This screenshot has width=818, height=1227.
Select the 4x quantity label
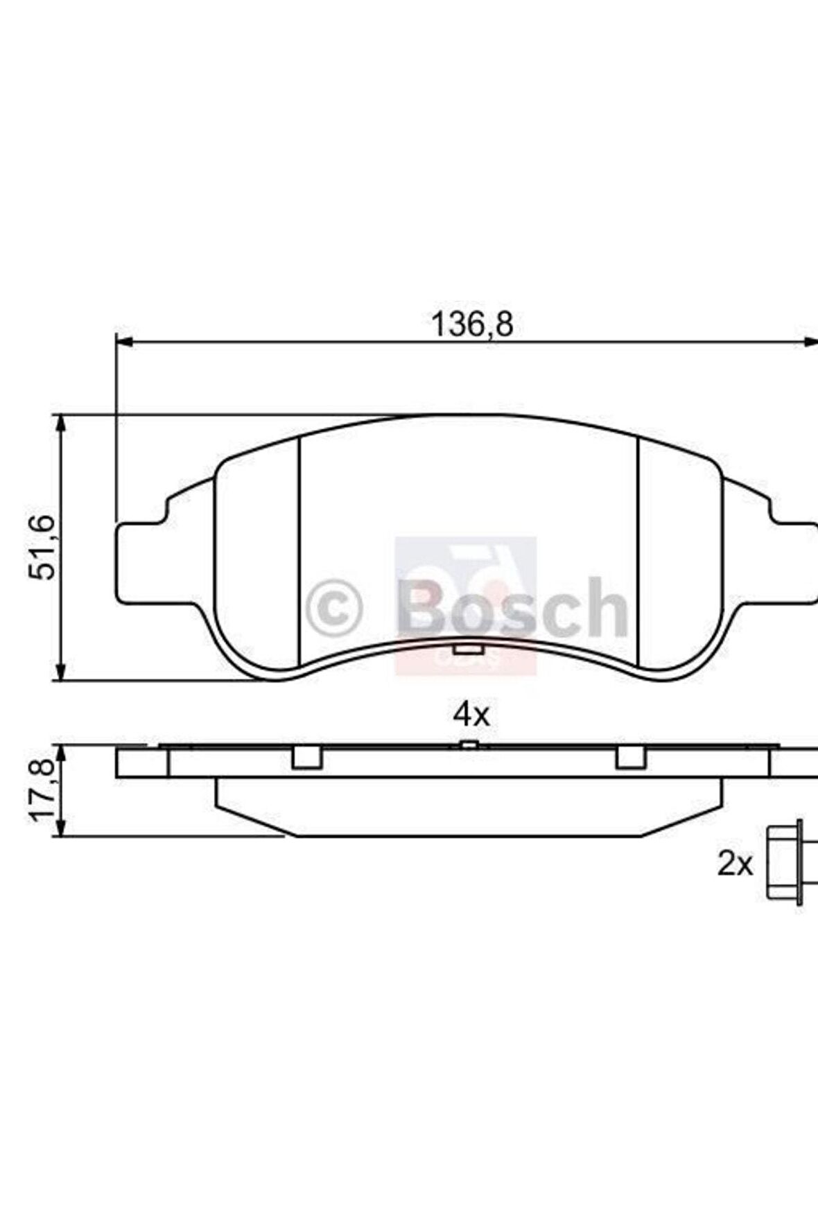click(471, 714)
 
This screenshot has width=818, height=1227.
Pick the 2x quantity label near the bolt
click(735, 864)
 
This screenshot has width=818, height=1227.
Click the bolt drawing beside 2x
click(785, 862)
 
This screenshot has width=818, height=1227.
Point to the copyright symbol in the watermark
click(334, 608)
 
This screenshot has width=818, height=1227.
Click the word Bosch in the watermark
click(513, 608)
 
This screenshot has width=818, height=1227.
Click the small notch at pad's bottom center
click(468, 650)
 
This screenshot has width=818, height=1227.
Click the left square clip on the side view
click(306, 758)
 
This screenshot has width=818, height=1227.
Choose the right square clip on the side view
click(631, 758)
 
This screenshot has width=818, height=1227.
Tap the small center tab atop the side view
click(469, 745)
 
